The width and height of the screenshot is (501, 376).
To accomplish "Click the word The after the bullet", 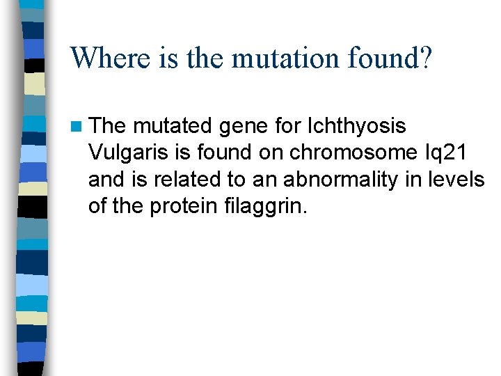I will (108, 127).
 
